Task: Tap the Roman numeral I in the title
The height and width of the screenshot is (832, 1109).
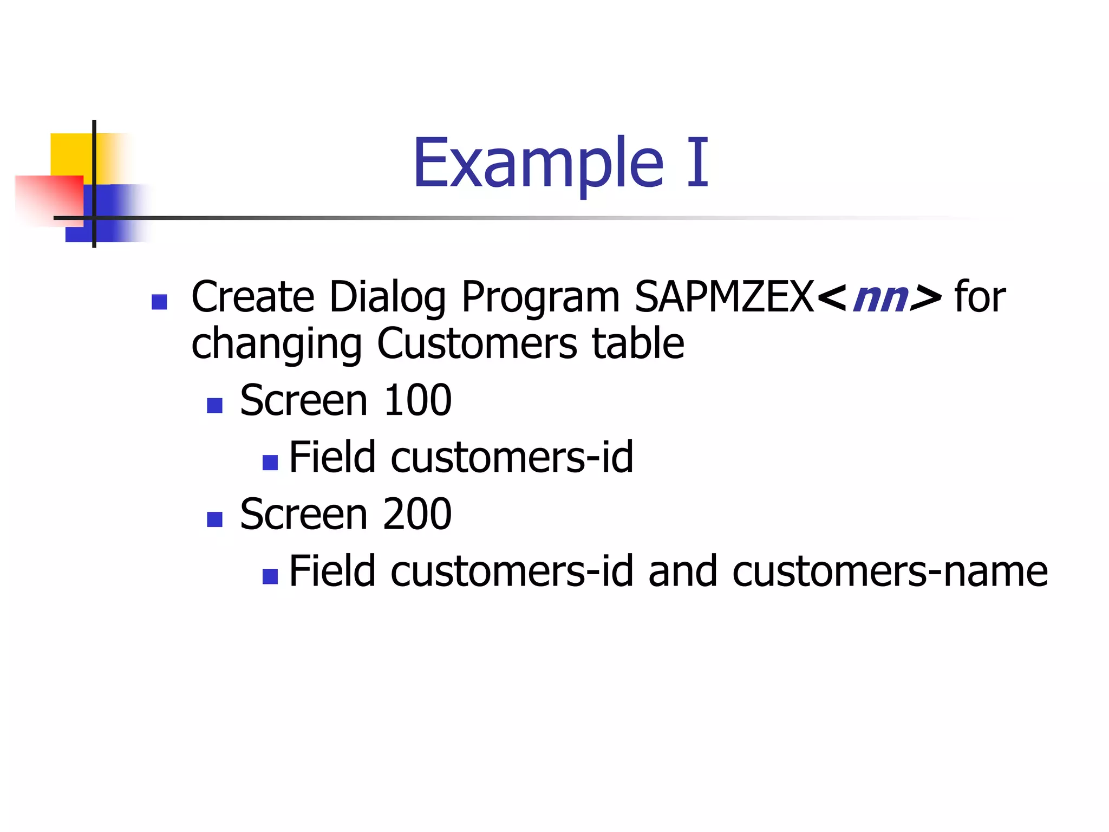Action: coord(698,163)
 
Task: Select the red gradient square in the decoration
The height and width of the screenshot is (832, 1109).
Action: coord(49,199)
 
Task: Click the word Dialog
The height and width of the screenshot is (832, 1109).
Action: coord(388,298)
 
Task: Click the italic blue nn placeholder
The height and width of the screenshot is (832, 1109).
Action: coord(879,298)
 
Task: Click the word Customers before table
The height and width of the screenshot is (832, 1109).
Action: coord(477,344)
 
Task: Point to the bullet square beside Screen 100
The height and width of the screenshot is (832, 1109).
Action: coord(215,405)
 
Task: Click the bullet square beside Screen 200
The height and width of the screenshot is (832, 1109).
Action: coord(215,519)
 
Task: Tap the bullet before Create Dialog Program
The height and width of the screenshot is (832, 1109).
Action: coord(159,302)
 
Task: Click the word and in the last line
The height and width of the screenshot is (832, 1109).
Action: coord(682,571)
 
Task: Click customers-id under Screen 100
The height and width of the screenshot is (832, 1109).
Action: coord(512,458)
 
